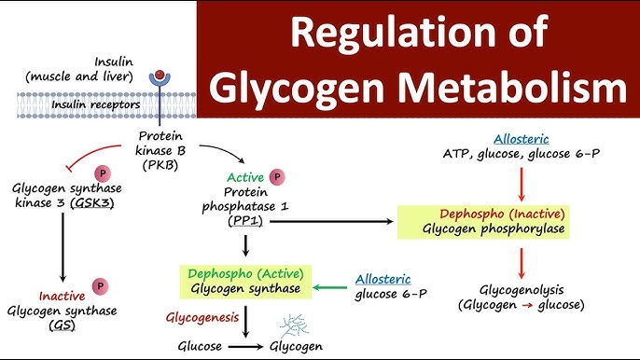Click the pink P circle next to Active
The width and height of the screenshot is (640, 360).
(x=276, y=176)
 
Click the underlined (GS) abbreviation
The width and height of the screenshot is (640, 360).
(x=63, y=326)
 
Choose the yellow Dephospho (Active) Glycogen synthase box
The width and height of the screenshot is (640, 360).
(x=247, y=282)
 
